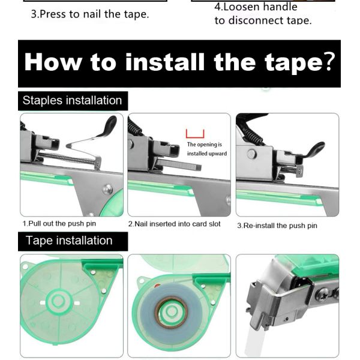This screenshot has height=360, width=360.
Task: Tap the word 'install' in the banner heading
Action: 165,62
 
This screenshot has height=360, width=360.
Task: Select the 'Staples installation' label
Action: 73,100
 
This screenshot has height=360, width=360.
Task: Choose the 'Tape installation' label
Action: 69,241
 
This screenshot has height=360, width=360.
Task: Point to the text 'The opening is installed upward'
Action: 207,149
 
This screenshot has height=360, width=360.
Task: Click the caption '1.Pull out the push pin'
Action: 59,224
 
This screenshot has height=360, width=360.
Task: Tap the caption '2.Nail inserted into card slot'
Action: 175,224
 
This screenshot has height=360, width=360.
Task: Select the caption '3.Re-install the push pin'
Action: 277,226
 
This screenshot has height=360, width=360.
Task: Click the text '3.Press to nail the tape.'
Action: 90,14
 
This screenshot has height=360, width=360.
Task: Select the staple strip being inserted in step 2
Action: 178,164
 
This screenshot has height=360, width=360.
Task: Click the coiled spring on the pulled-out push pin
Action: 67,157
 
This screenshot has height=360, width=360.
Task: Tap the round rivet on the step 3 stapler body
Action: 252,154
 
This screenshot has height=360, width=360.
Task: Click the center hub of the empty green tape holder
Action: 58,301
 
